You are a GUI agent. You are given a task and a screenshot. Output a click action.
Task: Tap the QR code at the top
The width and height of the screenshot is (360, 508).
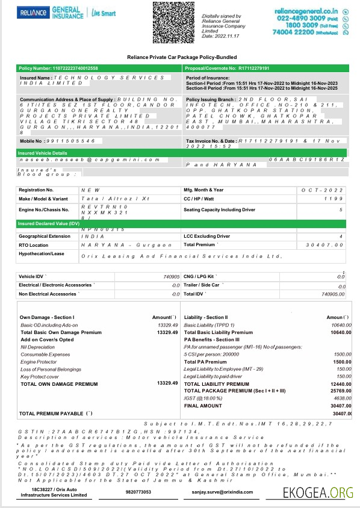tap(174, 22)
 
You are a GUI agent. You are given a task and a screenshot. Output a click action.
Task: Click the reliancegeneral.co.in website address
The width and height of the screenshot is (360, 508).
tap(306, 11)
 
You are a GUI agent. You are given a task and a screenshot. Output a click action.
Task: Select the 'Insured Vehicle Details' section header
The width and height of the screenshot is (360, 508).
tap(43, 153)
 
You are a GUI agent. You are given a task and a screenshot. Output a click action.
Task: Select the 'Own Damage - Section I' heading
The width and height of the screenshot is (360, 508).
tap(47, 317)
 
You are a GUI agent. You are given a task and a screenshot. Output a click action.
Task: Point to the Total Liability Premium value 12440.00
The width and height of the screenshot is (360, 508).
tap(340, 384)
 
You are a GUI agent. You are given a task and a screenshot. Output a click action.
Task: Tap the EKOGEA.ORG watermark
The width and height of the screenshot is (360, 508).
tap(317, 492)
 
